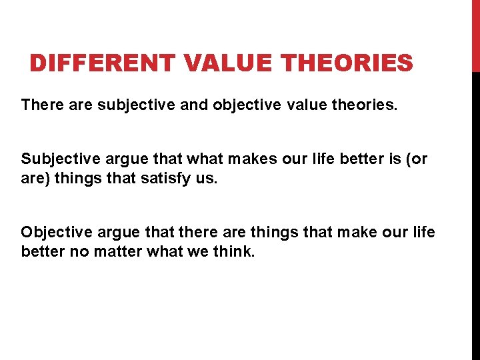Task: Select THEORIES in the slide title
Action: click(348, 64)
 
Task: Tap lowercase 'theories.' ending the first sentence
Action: click(364, 105)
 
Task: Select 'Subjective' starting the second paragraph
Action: click(58, 159)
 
